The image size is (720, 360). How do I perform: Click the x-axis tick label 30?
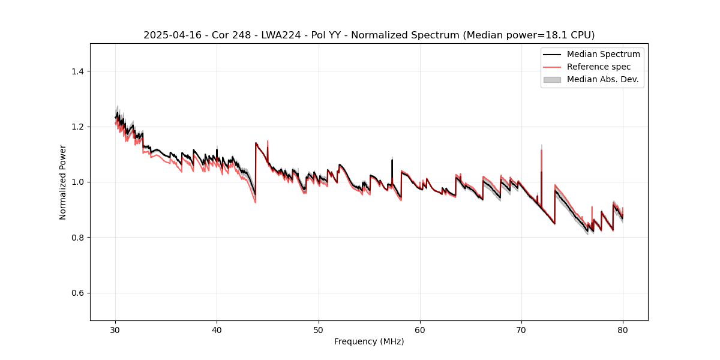[116, 330]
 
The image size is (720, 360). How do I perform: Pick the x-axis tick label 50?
[319, 330]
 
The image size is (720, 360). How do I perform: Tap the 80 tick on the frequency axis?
[623, 330]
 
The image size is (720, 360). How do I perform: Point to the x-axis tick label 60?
[420, 330]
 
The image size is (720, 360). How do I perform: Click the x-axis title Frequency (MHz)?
[369, 341]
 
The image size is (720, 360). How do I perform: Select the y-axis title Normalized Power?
[63, 182]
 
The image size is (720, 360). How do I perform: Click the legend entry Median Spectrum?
[603, 54]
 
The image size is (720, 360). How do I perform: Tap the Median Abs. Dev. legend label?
[603, 79]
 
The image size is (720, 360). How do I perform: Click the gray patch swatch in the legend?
[552, 79]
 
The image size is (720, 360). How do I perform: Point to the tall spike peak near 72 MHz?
[541, 150]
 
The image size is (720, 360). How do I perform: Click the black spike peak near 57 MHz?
[392, 160]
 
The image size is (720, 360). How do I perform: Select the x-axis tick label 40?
[217, 330]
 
